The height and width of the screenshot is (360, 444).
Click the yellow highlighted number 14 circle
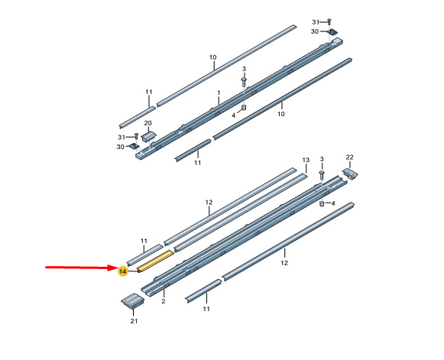point(123,271)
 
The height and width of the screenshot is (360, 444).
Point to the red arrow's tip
point(117,268)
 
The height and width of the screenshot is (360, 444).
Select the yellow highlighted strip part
point(155,261)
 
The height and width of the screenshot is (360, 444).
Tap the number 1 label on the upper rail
point(219,93)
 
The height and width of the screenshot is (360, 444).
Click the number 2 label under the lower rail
point(164,301)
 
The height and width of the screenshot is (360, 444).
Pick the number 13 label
point(306,160)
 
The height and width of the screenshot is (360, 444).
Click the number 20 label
point(147,123)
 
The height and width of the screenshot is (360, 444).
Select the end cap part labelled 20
point(148,135)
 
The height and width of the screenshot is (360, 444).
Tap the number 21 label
point(134,321)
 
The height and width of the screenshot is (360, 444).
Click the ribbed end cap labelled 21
point(133,301)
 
